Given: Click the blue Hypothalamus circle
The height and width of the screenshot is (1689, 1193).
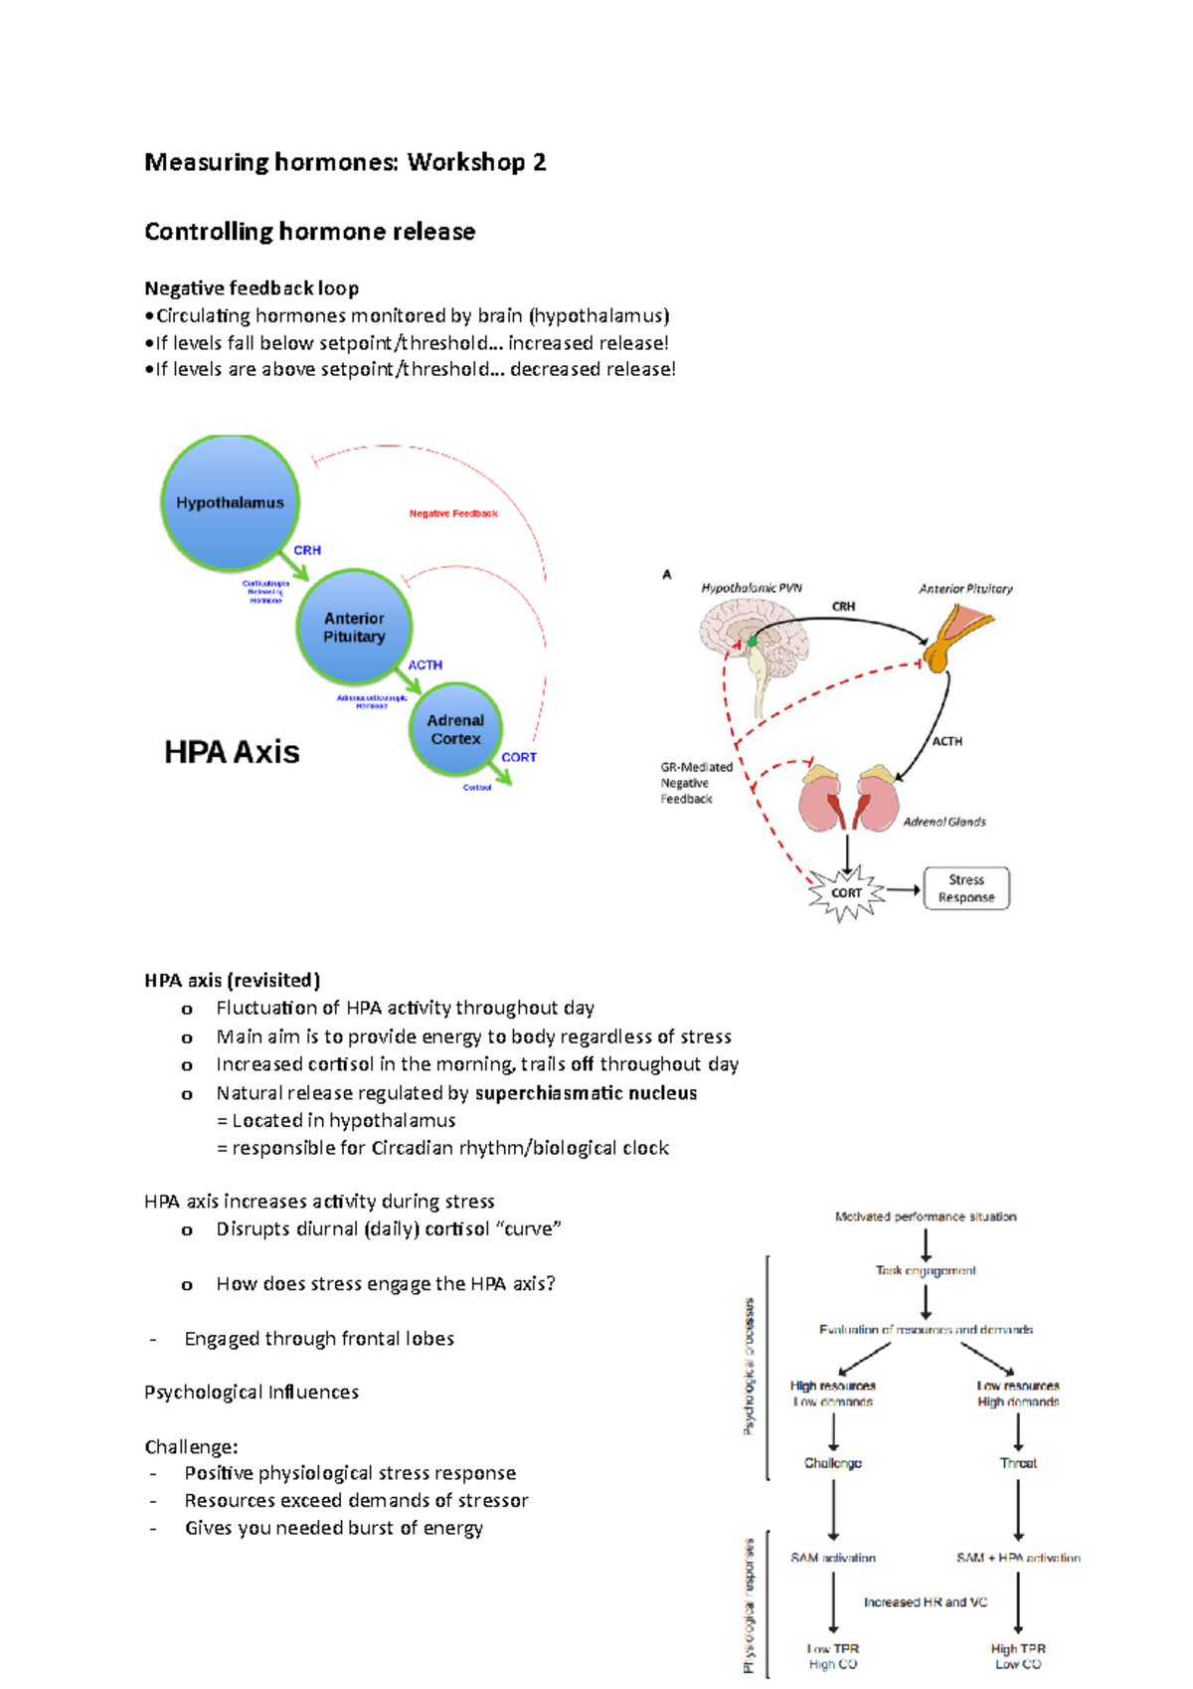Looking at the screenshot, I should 230,502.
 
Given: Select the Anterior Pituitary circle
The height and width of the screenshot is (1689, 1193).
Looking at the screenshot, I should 354,627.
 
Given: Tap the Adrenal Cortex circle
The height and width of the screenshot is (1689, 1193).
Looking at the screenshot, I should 455,729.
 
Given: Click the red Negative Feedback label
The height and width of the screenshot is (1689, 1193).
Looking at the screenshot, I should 453,513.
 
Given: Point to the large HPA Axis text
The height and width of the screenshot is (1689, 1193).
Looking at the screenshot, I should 232,752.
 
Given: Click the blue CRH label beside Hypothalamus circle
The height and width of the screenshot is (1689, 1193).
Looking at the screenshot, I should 307,550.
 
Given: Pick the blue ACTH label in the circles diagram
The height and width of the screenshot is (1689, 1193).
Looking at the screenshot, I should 425,664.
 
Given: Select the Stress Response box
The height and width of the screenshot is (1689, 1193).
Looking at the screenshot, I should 966,888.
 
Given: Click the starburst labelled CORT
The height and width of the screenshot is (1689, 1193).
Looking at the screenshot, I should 846,892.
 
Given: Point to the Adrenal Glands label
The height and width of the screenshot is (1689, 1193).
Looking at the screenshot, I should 943,822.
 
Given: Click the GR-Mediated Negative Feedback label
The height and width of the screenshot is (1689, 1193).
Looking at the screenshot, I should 696,783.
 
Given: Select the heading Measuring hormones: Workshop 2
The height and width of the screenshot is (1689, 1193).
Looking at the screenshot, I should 345,162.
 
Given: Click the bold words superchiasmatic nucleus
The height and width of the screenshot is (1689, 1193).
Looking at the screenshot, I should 586,1093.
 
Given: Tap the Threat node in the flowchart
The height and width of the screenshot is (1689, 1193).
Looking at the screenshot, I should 1018,1463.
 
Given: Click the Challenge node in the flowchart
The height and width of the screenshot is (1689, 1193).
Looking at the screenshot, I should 833,1463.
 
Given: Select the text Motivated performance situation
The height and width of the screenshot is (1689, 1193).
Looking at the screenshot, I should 926,1217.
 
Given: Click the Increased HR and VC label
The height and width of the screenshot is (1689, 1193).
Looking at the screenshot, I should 926,1602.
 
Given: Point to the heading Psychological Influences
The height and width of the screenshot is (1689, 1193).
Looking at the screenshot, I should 252,1393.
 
